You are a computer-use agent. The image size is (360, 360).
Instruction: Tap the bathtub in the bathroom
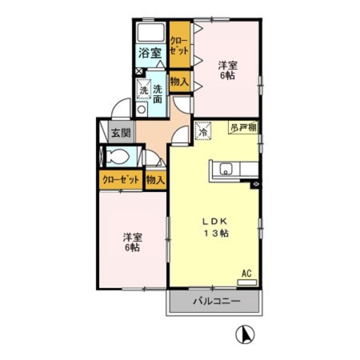(x=150, y=32)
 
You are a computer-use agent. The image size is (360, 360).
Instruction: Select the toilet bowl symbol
(x=118, y=156)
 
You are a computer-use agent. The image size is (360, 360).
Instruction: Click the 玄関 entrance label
(x=121, y=133)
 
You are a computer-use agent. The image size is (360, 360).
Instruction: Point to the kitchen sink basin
(x=226, y=169)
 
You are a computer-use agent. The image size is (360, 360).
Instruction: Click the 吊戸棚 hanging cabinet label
(x=244, y=128)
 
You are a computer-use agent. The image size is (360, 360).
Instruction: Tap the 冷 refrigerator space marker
(x=203, y=131)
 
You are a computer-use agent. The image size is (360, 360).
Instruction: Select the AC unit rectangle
(x=247, y=282)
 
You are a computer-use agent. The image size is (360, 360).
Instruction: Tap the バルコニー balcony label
(x=216, y=301)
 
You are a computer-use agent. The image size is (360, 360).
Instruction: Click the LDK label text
(x=215, y=222)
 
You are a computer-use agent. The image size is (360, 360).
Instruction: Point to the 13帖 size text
(x=216, y=233)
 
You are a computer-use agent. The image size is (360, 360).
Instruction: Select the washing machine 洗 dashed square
(x=144, y=89)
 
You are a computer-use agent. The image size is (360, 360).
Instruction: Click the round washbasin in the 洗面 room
(x=141, y=110)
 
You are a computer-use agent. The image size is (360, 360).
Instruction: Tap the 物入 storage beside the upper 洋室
(x=180, y=81)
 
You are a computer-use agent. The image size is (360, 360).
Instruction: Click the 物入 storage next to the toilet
(x=156, y=180)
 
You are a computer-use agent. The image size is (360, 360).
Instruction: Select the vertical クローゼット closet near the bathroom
(x=180, y=44)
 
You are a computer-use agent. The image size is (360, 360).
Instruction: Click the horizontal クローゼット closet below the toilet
(x=121, y=180)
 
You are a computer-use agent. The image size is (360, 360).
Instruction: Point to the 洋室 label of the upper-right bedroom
(x=227, y=66)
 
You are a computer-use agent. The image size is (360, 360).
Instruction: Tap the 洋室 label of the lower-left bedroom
(x=133, y=238)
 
